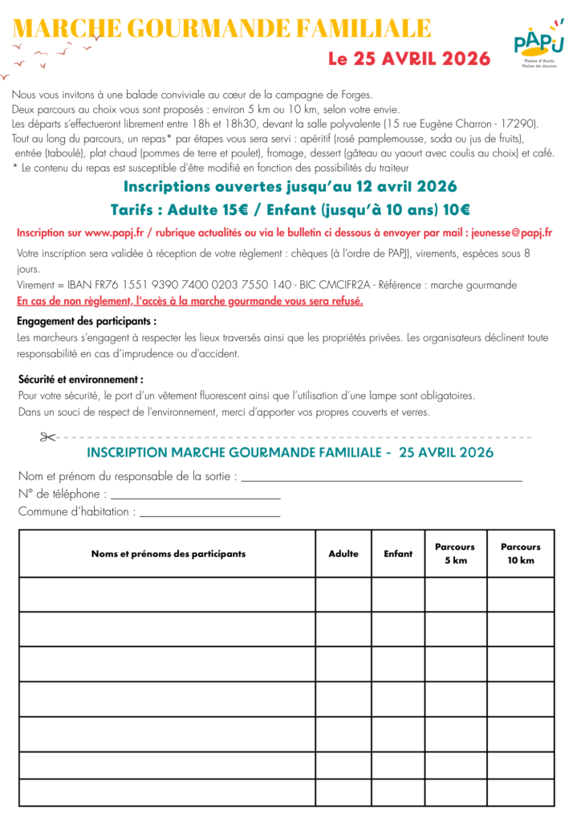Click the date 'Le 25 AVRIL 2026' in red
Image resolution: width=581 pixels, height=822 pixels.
point(408,59)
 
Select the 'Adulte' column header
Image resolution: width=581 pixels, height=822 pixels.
point(343,554)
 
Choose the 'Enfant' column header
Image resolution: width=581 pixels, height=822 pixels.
point(398,554)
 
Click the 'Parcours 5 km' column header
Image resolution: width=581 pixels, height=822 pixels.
point(455,554)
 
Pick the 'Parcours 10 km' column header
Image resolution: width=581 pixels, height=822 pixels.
point(521,554)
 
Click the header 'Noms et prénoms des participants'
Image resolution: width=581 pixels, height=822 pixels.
point(169,554)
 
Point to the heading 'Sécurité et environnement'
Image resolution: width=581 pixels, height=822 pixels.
point(80,379)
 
